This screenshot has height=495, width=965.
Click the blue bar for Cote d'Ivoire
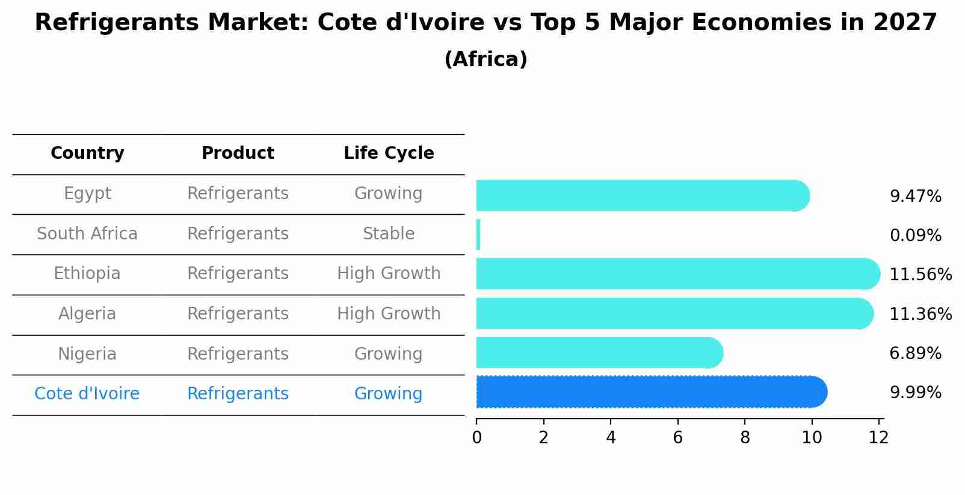pyautogui.click(x=650, y=392)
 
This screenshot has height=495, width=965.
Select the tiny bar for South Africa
pyautogui.click(x=478, y=235)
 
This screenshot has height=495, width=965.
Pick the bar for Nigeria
pyautogui.click(x=599, y=353)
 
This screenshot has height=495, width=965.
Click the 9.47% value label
pyautogui.click(x=915, y=197)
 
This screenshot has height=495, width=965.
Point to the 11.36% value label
pyautogui.click(x=920, y=314)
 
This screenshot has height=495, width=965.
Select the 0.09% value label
pyautogui.click(x=915, y=236)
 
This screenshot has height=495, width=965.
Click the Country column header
pyautogui.click(x=87, y=153)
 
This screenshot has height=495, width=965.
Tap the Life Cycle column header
pyautogui.click(x=389, y=153)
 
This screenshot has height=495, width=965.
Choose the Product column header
pyautogui.click(x=238, y=153)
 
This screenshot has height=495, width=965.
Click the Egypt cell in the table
pyautogui.click(x=87, y=194)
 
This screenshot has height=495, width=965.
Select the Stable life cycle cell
pyautogui.click(x=389, y=234)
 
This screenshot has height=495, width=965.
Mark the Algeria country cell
pyautogui.click(x=87, y=314)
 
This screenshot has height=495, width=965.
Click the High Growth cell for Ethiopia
pyautogui.click(x=389, y=274)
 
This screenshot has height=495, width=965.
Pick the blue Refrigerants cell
pyautogui.click(x=238, y=394)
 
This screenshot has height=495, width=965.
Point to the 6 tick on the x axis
pyautogui.click(x=678, y=438)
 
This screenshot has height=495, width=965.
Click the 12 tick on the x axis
pyautogui.click(x=878, y=438)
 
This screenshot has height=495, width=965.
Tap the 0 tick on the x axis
pyautogui.click(x=477, y=438)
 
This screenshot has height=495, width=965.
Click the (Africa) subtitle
pyautogui.click(x=486, y=60)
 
